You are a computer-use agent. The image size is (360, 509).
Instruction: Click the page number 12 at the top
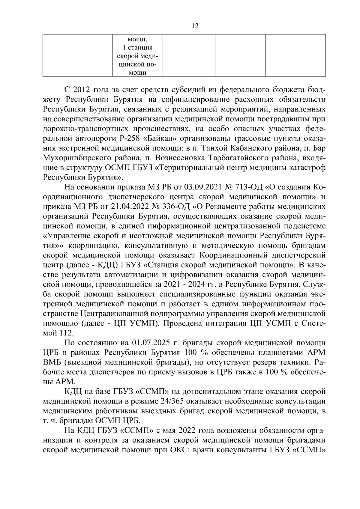click(x=195, y=26)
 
